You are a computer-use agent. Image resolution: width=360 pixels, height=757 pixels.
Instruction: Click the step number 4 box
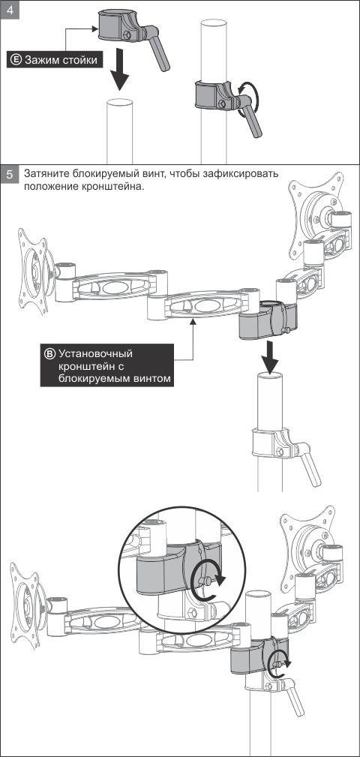tap(10, 11)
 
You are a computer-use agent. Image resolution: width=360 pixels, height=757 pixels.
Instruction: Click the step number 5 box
tap(10, 174)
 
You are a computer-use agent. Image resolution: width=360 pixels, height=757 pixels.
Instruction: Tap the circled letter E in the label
tap(16, 60)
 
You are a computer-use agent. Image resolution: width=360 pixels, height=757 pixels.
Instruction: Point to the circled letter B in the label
tap(49, 353)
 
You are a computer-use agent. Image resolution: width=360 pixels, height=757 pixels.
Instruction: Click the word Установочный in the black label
tap(95, 353)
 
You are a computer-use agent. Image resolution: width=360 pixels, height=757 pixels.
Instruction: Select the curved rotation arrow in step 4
tap(250, 98)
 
